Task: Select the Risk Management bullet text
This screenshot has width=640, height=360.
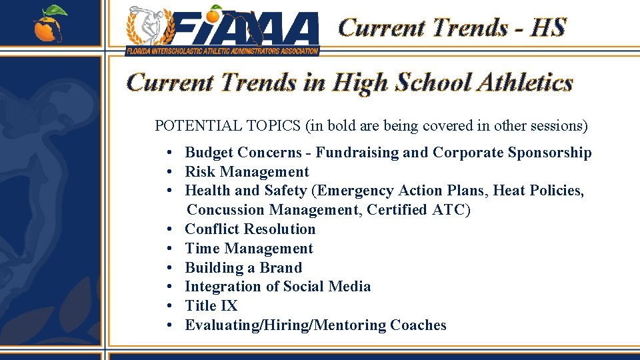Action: [x=247, y=172]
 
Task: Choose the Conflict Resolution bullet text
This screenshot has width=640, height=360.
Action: [x=250, y=229]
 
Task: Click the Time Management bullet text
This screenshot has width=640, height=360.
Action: [x=249, y=249]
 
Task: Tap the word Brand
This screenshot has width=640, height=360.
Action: [x=280, y=268]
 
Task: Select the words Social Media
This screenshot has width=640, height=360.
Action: [x=327, y=287]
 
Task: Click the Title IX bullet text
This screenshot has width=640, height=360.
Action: [x=211, y=306]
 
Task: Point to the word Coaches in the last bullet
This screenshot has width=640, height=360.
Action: [x=418, y=325]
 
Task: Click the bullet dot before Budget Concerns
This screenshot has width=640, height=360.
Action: [x=171, y=153]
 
